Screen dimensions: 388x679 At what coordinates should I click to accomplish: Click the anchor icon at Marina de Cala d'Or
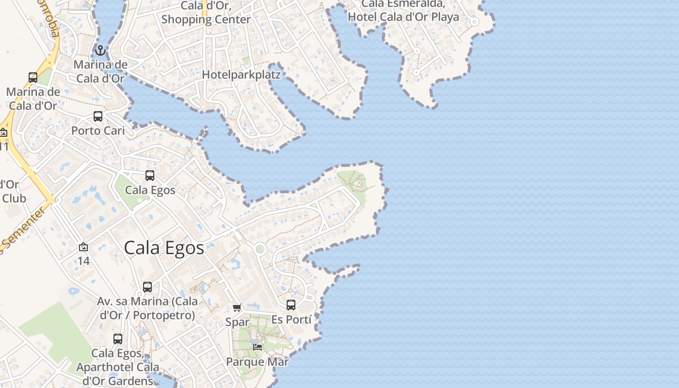click(100, 50)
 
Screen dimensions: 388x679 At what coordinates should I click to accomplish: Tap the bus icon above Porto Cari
click(98, 116)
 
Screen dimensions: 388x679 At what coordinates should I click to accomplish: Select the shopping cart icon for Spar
click(237, 307)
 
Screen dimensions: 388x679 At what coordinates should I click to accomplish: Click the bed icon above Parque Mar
click(258, 347)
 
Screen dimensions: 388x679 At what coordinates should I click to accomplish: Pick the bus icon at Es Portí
click(291, 305)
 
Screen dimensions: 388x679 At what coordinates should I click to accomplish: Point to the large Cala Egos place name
click(164, 248)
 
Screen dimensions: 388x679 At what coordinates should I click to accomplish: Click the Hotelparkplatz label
click(241, 75)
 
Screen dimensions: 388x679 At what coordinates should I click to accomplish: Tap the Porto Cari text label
click(98, 130)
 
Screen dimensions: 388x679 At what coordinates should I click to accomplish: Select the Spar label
click(237, 322)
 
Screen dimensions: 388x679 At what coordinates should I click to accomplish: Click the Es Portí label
click(291, 319)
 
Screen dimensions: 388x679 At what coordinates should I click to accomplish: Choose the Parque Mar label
click(258, 362)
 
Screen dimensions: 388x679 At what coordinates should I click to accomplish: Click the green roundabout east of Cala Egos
click(260, 249)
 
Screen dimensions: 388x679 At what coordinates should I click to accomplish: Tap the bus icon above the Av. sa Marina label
click(147, 287)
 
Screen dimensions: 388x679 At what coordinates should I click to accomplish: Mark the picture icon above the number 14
click(83, 247)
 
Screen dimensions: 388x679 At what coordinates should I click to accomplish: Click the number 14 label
click(83, 261)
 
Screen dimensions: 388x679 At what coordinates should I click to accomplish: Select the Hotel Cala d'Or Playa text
click(410, 17)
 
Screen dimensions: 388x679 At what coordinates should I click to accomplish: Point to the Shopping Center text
click(206, 19)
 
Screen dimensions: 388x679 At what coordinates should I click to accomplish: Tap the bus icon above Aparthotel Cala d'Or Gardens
click(118, 339)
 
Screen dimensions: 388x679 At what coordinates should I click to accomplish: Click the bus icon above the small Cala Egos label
click(150, 176)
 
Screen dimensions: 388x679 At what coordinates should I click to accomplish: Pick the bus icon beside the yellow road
click(33, 78)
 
